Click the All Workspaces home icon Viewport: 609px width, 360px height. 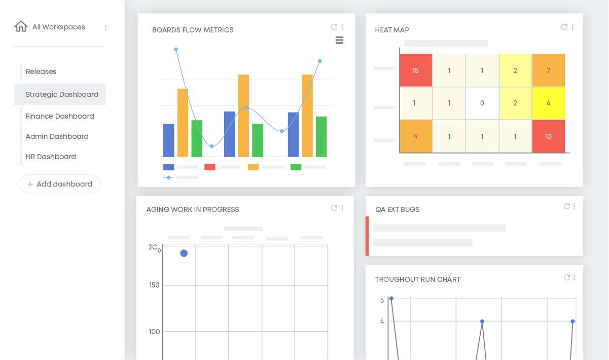pyautogui.click(x=21, y=26)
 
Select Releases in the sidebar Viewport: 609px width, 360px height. pyautogui.click(x=41, y=71)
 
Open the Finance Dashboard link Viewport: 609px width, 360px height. pyautogui.click(x=60, y=116)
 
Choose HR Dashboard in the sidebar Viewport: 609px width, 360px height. pyautogui.click(x=51, y=157)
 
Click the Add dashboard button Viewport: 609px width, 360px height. pyautogui.click(x=60, y=184)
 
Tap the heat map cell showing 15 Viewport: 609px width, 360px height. pyautogui.click(x=416, y=70)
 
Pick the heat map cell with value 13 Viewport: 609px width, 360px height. pyautogui.click(x=548, y=136)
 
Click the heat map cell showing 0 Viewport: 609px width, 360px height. pyautogui.click(x=482, y=103)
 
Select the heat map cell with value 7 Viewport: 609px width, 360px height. pyautogui.click(x=548, y=70)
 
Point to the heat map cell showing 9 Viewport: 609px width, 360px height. pyautogui.click(x=416, y=136)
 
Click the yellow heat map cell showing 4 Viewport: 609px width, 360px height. pyautogui.click(x=548, y=103)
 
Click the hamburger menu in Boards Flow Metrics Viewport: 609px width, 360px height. pyautogui.click(x=339, y=40)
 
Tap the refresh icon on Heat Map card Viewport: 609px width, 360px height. pyautogui.click(x=564, y=27)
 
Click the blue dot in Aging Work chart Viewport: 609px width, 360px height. pyautogui.click(x=184, y=253)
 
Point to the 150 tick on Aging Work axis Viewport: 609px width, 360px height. pyautogui.click(x=154, y=285)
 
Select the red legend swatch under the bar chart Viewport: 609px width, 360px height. pyautogui.click(x=210, y=167)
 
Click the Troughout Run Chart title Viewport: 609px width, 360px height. pyautogui.click(x=418, y=279)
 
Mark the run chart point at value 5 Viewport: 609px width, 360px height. pyautogui.click(x=391, y=299)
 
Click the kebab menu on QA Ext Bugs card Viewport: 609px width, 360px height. pyautogui.click(x=574, y=206)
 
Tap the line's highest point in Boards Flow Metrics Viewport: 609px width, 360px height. pyautogui.click(x=176, y=49)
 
